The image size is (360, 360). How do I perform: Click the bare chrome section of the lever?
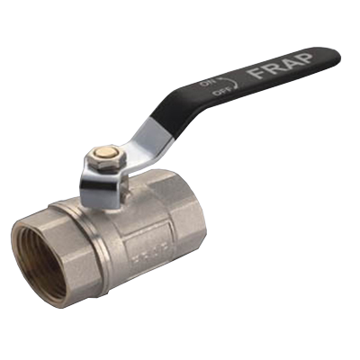click(148, 141)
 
